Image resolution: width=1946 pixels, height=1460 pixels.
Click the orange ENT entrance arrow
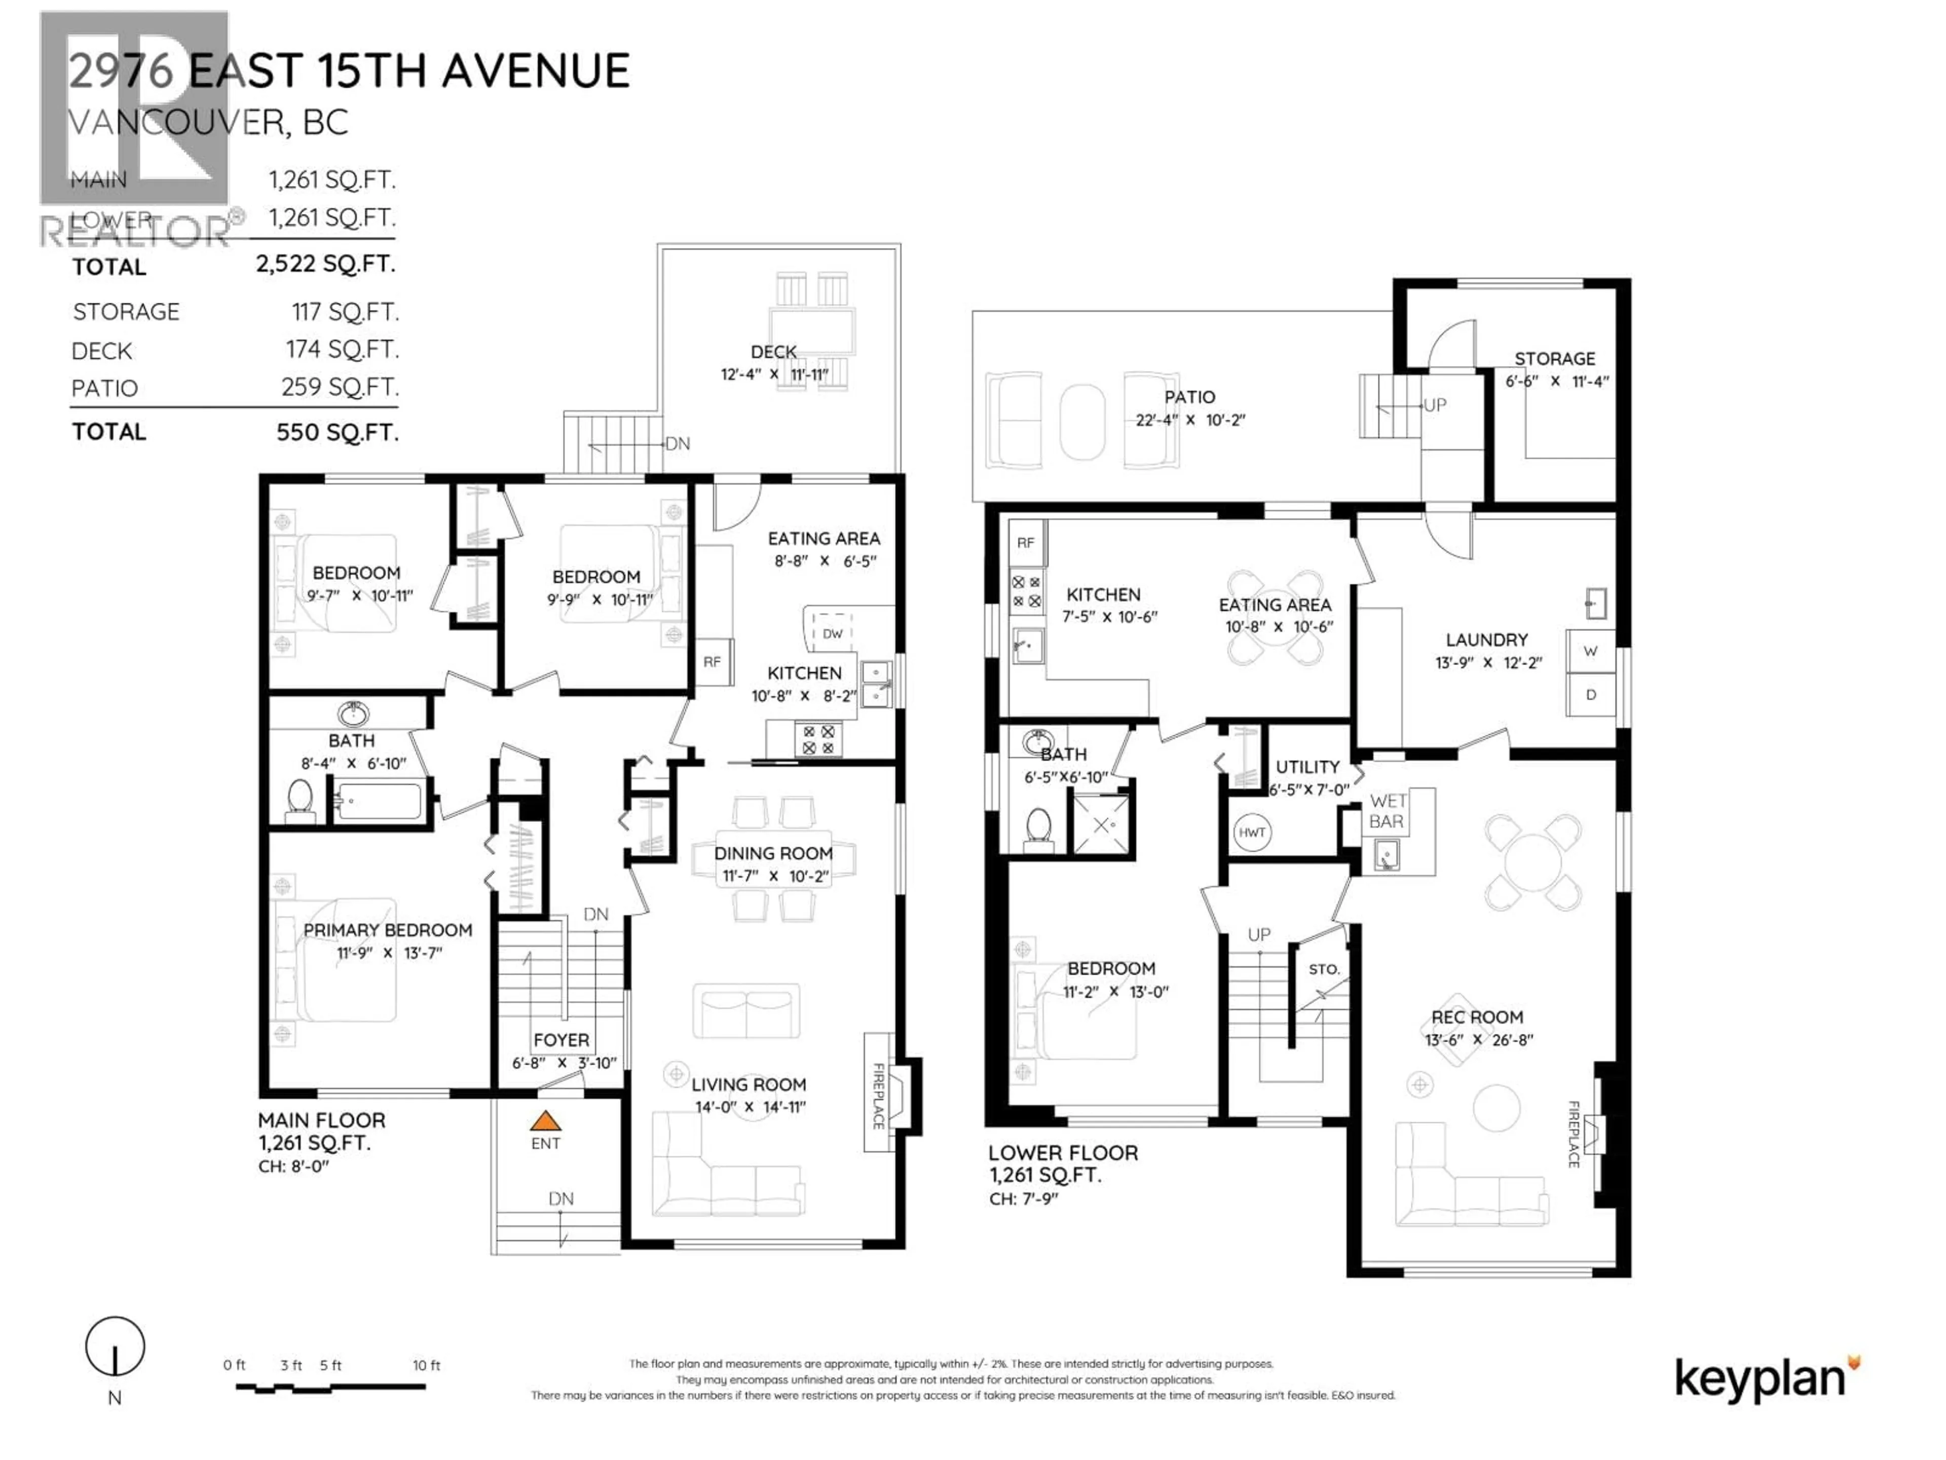tap(545, 1121)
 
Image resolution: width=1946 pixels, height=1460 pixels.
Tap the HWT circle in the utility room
tap(1252, 832)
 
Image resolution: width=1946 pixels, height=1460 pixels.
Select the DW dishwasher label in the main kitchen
tap(832, 634)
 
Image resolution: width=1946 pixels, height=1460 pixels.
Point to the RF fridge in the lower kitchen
tap(1026, 543)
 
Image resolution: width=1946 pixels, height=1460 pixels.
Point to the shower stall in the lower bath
tap(1101, 825)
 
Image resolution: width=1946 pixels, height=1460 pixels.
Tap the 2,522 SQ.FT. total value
tap(325, 264)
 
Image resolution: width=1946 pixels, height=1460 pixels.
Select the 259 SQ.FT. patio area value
tap(340, 387)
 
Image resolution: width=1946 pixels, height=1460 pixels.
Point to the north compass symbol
tap(115, 1346)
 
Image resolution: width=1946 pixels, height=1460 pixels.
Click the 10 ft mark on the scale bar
tap(426, 1366)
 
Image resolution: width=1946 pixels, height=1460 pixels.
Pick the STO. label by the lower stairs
tap(1324, 969)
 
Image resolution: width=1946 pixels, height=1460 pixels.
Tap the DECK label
tap(773, 351)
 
